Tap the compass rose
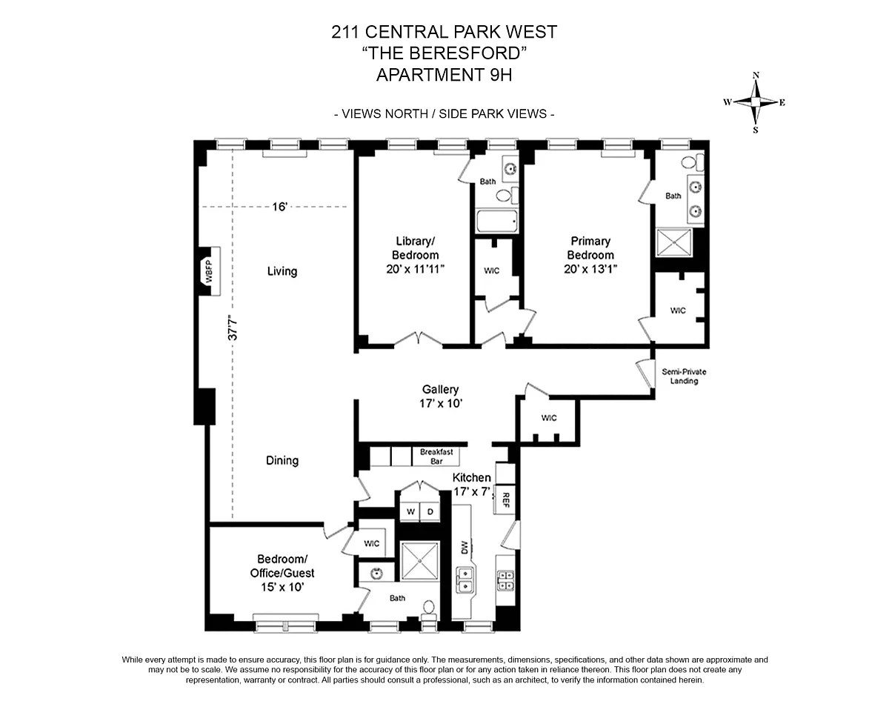(756, 102)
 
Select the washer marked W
(410, 512)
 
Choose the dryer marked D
(429, 512)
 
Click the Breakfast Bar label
(436, 456)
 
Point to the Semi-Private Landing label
(679, 376)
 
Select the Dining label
(282, 460)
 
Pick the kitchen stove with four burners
(505, 580)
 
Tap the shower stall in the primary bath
(674, 242)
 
